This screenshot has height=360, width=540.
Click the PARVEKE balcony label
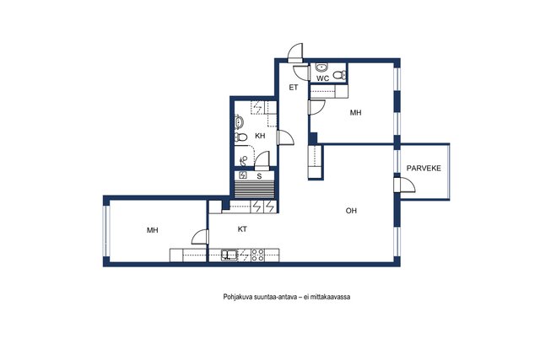tap(424, 169)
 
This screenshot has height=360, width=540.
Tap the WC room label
tap(322, 78)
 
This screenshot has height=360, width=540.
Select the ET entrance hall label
tap(293, 88)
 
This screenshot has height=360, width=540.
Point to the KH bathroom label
tap(260, 136)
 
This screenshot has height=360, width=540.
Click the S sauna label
tap(259, 176)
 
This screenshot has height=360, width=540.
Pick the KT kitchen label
tap(242, 228)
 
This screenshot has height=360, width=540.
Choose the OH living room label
tap(351, 211)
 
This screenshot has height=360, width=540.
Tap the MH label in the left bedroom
tap(152, 230)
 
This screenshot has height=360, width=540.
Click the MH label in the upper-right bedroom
tap(355, 112)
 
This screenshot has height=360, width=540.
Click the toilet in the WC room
tap(339, 74)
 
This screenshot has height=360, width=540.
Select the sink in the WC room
tap(321, 67)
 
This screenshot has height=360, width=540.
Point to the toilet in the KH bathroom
tap(240, 137)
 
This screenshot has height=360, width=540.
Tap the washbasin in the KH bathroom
tap(239, 122)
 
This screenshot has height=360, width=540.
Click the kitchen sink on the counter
tap(229, 255)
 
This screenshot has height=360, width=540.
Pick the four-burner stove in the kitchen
tap(257, 255)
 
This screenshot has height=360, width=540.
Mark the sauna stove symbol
tap(243, 175)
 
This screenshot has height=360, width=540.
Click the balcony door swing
tap(405, 185)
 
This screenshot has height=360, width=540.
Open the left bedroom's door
tap(200, 237)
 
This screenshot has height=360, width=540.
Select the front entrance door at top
tap(295, 53)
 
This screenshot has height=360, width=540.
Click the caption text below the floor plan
tap(287, 297)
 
